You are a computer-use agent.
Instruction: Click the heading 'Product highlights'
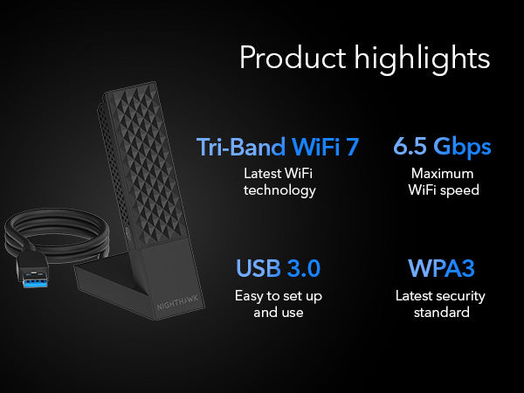pyautogui.click(x=364, y=59)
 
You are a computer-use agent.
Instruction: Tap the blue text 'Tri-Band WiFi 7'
pyautogui.click(x=278, y=147)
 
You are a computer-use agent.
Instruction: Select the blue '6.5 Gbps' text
pyautogui.click(x=442, y=147)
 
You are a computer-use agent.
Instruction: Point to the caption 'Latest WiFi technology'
pyautogui.click(x=279, y=181)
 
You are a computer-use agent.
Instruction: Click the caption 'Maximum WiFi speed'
pyautogui.click(x=443, y=181)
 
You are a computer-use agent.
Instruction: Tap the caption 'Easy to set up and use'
pyautogui.click(x=278, y=304)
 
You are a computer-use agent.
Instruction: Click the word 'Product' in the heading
pyautogui.click(x=292, y=59)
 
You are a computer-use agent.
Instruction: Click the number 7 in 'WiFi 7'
pyautogui.click(x=351, y=147)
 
